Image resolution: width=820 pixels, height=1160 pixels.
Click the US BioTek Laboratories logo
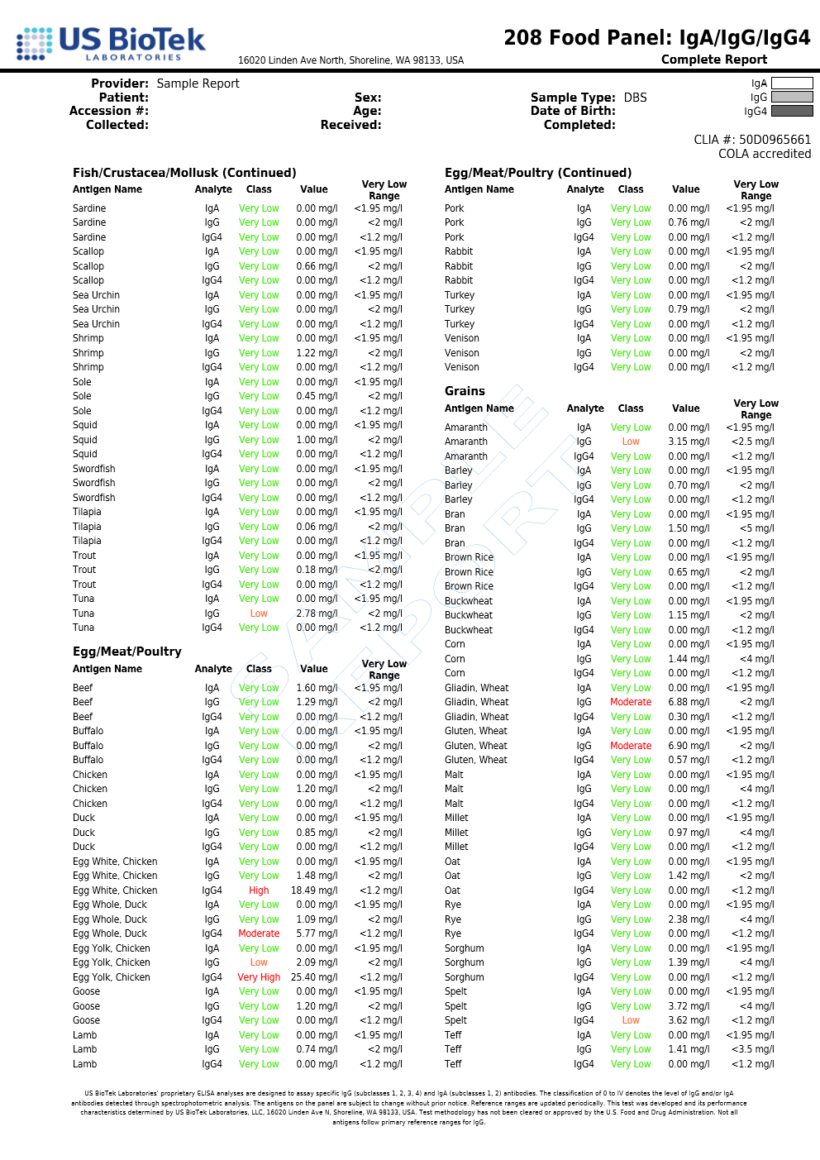[x=111, y=43]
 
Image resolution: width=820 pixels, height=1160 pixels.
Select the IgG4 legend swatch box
[x=792, y=112]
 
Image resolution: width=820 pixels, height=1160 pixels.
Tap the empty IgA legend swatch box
[x=792, y=84]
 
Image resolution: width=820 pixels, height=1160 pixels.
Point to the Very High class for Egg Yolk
[x=259, y=977]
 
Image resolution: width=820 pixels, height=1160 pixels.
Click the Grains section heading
[x=465, y=391]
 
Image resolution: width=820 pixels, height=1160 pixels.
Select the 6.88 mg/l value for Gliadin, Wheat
[x=689, y=702]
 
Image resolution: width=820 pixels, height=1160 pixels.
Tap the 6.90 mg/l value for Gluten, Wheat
[x=689, y=746]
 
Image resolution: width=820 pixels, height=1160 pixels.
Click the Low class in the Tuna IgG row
[x=259, y=613]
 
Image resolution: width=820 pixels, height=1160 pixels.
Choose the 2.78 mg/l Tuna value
[x=317, y=613]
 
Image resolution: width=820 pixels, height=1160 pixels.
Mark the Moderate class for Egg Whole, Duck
[x=259, y=933]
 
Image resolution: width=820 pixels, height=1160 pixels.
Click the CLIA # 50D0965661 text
[x=752, y=140]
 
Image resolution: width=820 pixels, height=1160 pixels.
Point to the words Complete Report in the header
[x=714, y=60]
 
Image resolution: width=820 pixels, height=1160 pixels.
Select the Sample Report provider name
[x=198, y=84]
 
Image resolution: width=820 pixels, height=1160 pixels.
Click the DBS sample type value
[x=635, y=98]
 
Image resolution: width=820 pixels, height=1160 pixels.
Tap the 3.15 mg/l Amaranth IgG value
[x=689, y=442]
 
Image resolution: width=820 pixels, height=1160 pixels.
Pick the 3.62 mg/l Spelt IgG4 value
[x=689, y=1020]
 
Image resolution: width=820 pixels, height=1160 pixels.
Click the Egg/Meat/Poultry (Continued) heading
[x=538, y=173]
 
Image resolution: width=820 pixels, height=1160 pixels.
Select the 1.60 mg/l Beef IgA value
[x=317, y=688]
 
